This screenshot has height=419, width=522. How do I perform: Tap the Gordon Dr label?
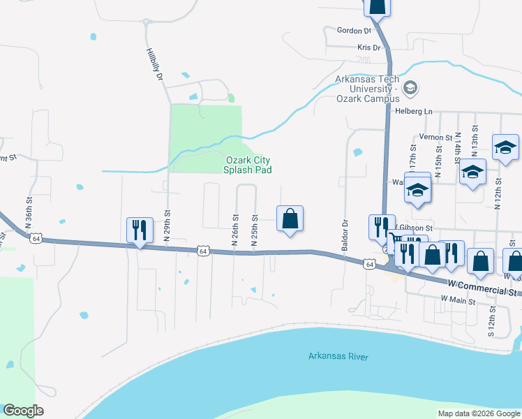pos(354,31)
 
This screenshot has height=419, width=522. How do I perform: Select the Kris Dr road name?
pos(368,47)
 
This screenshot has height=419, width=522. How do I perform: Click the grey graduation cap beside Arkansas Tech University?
pos(411,88)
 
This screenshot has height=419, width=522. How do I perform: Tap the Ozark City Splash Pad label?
pos(247,165)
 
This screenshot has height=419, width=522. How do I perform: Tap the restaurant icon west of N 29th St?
pos(138,230)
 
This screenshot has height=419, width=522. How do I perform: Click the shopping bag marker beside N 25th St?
pos(290,219)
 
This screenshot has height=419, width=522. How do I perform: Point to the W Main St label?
pos(458,301)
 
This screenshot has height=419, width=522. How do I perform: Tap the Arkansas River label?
pos(338,357)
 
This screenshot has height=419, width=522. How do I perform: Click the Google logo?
pos(23,411)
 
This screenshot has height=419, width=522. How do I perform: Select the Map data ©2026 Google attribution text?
pos(479,413)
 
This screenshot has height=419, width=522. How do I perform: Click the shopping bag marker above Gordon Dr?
pos(377,6)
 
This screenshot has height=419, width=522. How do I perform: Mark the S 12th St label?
pos(491,321)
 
